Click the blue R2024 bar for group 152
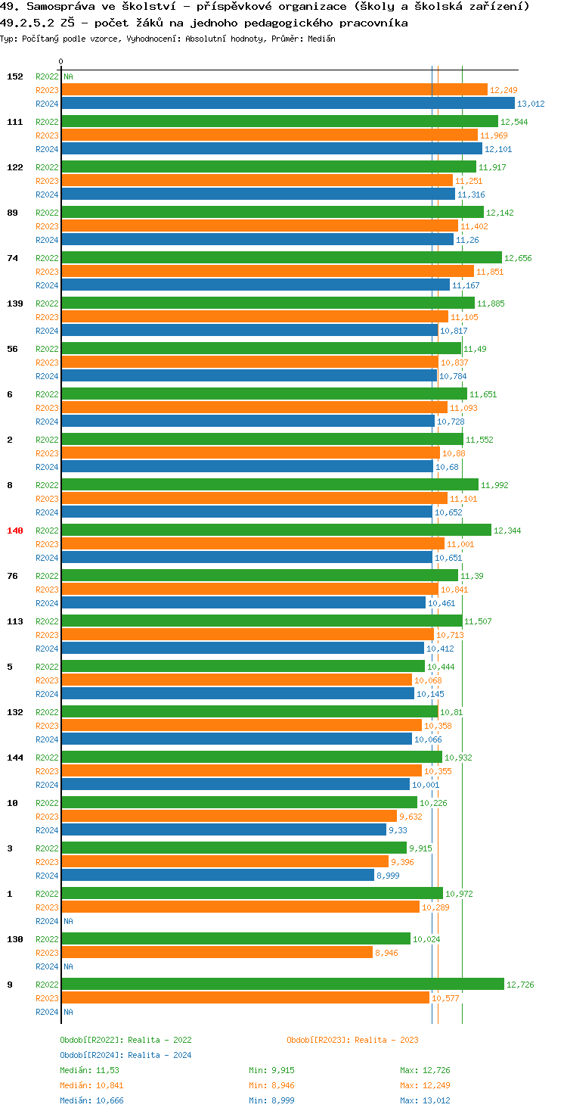click(x=287, y=104)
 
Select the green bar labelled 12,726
click(x=282, y=984)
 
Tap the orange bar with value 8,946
click(x=217, y=952)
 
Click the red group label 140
click(x=15, y=531)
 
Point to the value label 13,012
click(x=531, y=104)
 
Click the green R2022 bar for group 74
click(x=281, y=257)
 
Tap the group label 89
click(x=12, y=213)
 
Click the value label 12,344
click(x=507, y=531)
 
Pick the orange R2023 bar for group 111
click(x=269, y=135)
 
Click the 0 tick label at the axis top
click(x=61, y=61)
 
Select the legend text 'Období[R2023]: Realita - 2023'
click(x=352, y=1040)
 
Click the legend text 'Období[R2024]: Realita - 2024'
click(x=125, y=1055)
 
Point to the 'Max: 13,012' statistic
click(x=425, y=1100)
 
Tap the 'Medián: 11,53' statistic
click(x=89, y=1070)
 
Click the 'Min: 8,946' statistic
click(x=271, y=1085)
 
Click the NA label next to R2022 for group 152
click(x=68, y=76)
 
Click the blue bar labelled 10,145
click(x=237, y=693)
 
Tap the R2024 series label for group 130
click(x=47, y=966)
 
